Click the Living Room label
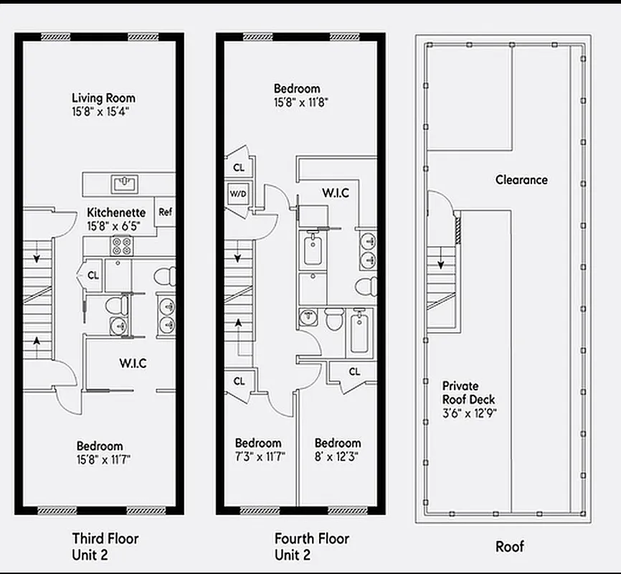(103, 98)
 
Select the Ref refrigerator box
(165, 212)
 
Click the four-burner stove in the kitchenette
(121, 245)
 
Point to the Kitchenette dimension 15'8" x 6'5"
(115, 226)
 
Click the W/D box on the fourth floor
(237, 193)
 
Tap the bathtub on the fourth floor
(359, 331)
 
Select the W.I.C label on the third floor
(133, 363)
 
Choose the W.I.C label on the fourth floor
(335, 193)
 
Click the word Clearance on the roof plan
(521, 180)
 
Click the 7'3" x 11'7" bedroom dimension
(259, 456)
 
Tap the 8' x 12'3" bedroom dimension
(336, 456)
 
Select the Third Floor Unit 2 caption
(105, 546)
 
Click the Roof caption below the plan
(510, 547)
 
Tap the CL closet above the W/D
(238, 167)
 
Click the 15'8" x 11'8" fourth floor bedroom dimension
(300, 102)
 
